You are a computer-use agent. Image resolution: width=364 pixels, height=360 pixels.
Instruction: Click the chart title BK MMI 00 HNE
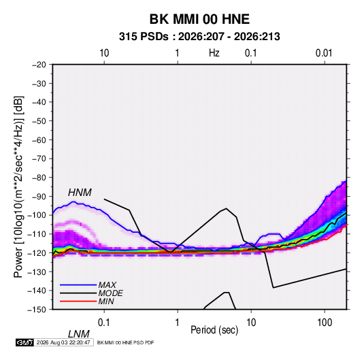[x=199, y=19]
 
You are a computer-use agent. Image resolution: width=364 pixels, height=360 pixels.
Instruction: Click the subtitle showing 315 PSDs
[x=199, y=37]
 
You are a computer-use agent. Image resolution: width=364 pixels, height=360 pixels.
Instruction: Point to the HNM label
[x=80, y=193]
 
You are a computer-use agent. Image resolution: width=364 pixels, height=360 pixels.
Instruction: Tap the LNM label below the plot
[x=79, y=334]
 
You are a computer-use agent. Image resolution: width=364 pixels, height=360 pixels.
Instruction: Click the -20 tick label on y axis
[x=39, y=65]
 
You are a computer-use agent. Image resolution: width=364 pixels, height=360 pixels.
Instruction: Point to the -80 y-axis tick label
[x=39, y=178]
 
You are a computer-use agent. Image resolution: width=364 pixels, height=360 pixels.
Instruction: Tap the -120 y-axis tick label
[x=37, y=252]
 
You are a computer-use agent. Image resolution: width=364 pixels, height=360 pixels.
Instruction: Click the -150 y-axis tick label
[x=37, y=310]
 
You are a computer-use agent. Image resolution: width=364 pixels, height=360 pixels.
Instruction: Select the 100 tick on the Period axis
[x=325, y=323]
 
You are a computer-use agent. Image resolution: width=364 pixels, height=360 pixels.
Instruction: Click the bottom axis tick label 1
[x=178, y=323]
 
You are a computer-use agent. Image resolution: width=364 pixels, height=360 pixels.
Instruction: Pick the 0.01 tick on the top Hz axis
[x=324, y=53]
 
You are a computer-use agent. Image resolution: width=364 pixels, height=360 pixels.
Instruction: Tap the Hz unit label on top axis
[x=214, y=53]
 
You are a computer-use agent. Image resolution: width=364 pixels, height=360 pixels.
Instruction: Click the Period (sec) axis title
[x=214, y=330]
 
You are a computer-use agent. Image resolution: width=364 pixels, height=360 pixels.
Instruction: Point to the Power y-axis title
[x=18, y=187]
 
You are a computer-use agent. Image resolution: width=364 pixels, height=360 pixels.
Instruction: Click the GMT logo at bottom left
[x=24, y=342]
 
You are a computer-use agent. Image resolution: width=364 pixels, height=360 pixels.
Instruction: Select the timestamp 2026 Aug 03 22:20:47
[x=63, y=342]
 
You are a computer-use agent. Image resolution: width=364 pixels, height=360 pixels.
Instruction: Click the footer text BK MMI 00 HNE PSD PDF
[x=125, y=342]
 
